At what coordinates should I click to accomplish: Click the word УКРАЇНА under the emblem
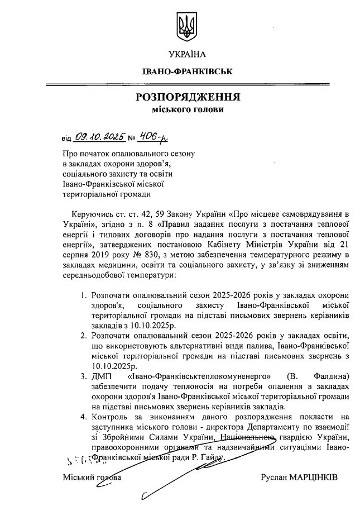click(x=186, y=54)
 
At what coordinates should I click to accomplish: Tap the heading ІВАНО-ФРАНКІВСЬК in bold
click(x=186, y=73)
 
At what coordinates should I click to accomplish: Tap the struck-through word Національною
click(x=246, y=437)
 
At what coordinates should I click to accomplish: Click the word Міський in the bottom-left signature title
click(x=77, y=479)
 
